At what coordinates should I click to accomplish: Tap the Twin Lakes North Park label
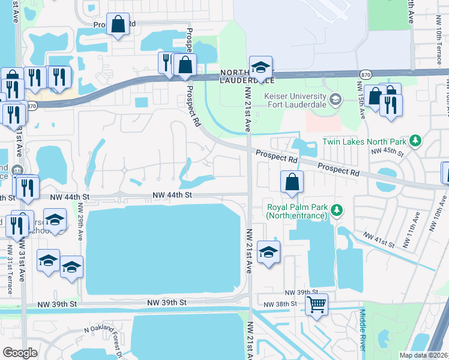pyautogui.click(x=365, y=142)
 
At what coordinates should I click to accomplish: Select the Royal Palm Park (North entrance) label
pyautogui.click(x=297, y=212)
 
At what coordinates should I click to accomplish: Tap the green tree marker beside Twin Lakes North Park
pyautogui.click(x=414, y=142)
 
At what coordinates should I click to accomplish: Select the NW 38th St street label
pyautogui.click(x=282, y=304)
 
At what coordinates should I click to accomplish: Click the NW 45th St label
pyautogui.click(x=384, y=151)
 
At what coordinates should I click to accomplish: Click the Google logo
pyautogui.click(x=20, y=352)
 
